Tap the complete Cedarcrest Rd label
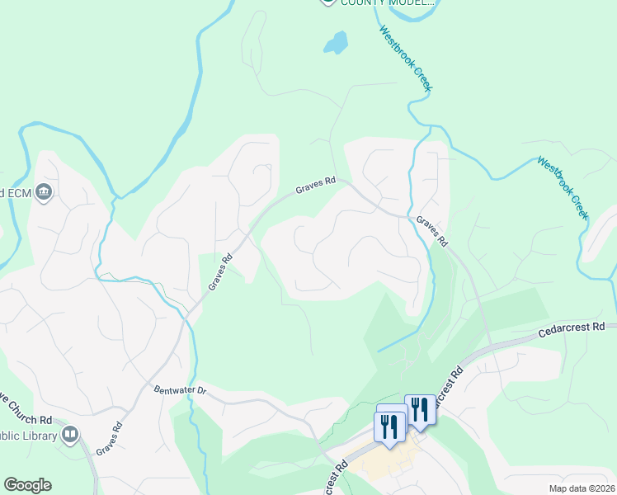click(x=571, y=329)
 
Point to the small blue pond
click(x=335, y=42)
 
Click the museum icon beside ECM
click(x=45, y=193)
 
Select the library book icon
click(x=70, y=434)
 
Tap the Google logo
click(x=27, y=485)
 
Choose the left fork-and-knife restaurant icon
click(x=387, y=426)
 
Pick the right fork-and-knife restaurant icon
click(x=420, y=409)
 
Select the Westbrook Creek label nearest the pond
click(x=406, y=58)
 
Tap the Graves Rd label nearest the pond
click(x=317, y=186)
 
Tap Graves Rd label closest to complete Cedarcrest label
click(x=431, y=232)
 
